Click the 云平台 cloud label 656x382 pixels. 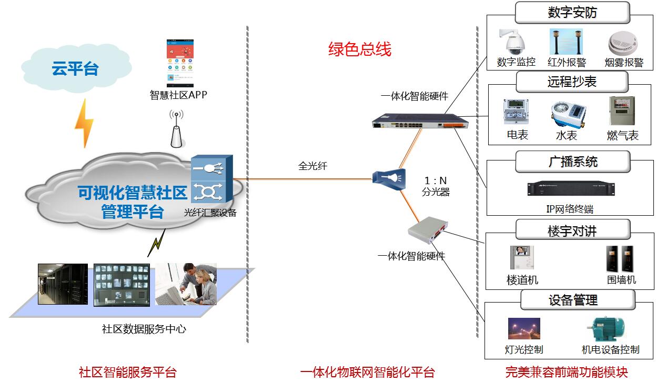click(75, 68)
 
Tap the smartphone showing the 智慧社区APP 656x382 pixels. click(180, 63)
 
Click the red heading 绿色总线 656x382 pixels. click(360, 50)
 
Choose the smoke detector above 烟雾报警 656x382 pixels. click(623, 43)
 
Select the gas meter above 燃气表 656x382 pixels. click(622, 111)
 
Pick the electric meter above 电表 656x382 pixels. click(517, 113)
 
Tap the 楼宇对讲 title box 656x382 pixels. click(572, 230)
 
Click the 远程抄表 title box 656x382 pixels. click(572, 82)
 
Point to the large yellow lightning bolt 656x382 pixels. click(84, 124)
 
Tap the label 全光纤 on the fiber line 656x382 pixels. click(313, 166)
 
